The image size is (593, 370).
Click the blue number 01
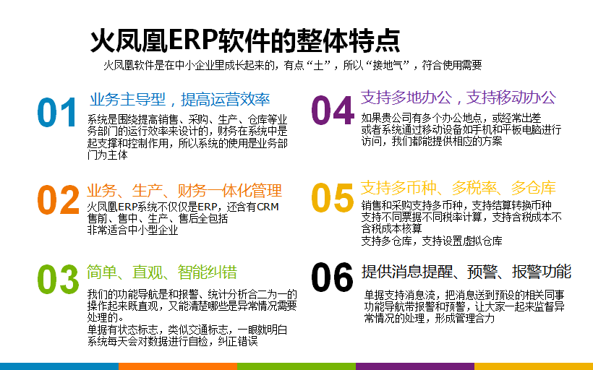click(57, 112)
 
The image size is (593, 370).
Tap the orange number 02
click(59, 199)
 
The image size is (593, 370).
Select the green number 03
click(58, 279)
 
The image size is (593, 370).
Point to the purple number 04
click(333, 110)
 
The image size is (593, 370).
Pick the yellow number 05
click(333, 197)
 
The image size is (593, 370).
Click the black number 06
click(332, 277)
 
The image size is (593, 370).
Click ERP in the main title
click(193, 40)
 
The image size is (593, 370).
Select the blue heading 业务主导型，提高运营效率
click(179, 100)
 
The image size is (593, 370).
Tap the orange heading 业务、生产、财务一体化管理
click(184, 191)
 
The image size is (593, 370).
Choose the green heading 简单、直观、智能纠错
click(162, 272)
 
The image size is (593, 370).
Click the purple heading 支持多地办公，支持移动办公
click(458, 98)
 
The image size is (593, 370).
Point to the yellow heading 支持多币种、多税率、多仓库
click(458, 188)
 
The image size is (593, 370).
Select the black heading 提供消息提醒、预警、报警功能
click(466, 272)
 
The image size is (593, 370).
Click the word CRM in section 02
click(268, 207)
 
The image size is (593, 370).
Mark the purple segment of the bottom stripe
click(415, 366)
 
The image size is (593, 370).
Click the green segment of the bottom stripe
click(296, 366)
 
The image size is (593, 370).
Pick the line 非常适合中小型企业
click(132, 230)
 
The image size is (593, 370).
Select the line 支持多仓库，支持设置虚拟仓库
click(432, 241)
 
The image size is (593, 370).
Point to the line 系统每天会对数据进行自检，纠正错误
click(172, 341)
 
